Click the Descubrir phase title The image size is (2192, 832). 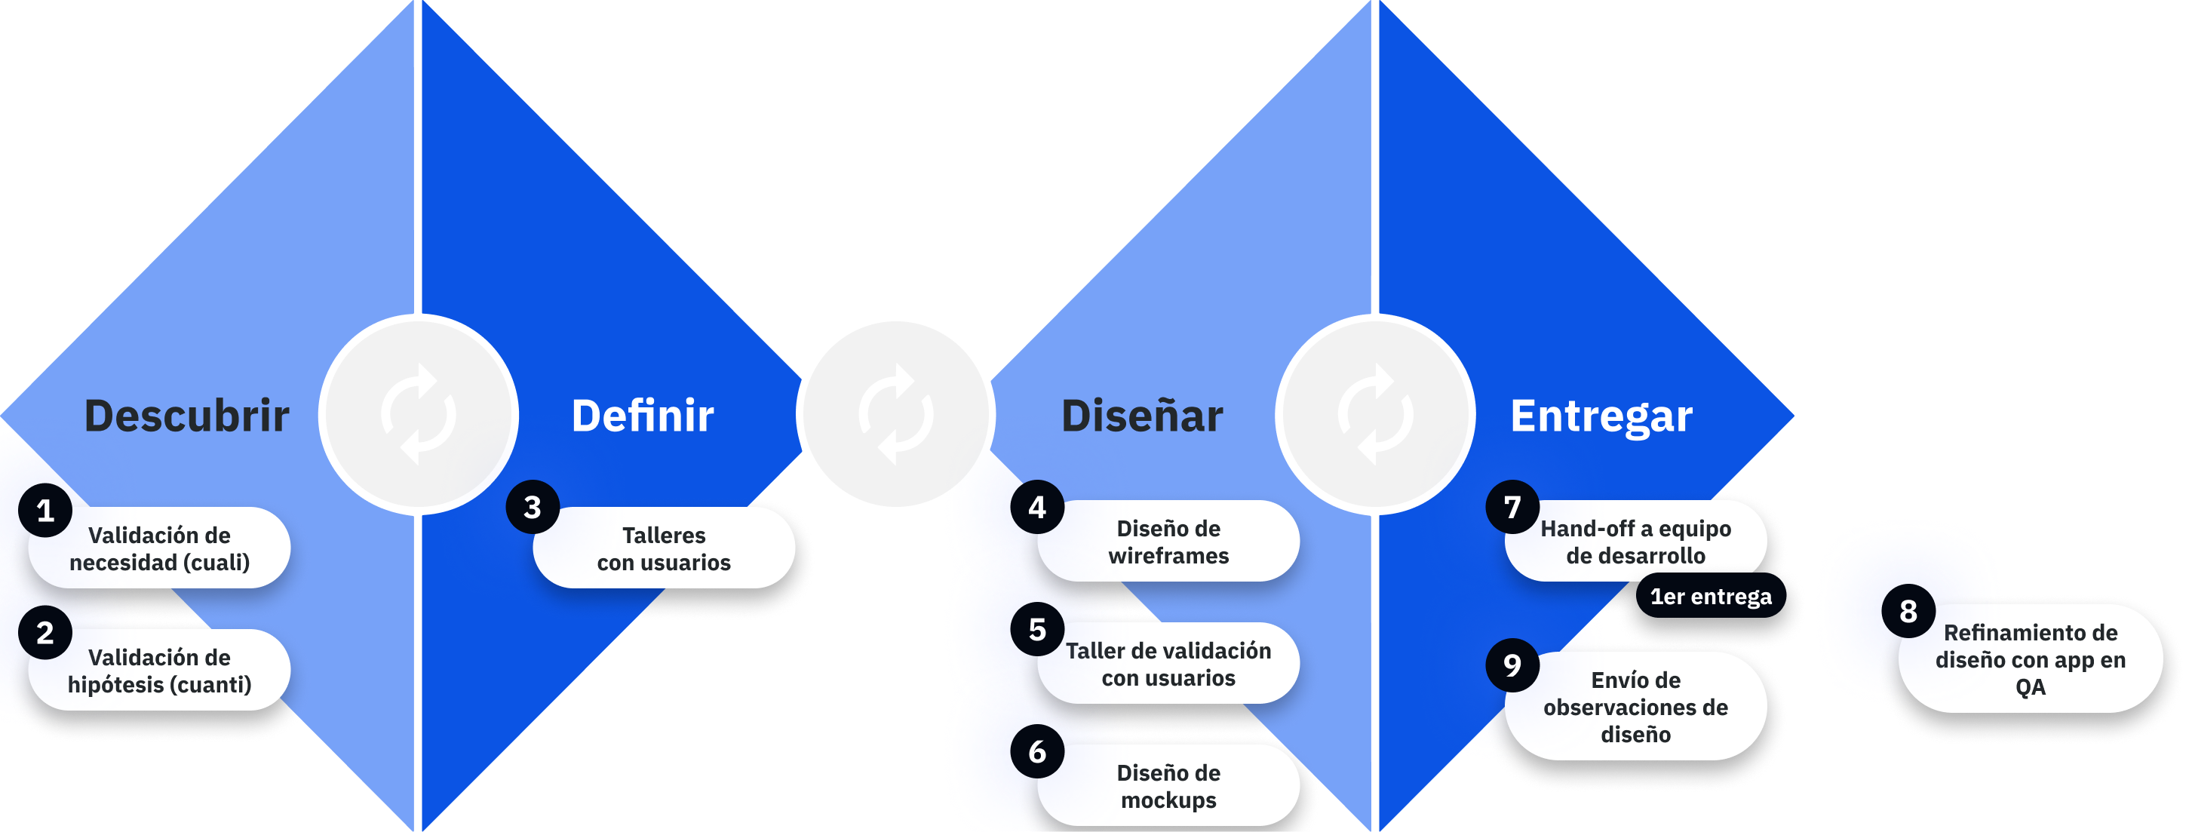click(x=186, y=416)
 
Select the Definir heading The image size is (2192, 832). click(x=643, y=416)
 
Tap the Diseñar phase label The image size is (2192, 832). click(x=1142, y=416)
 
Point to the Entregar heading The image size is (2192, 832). click(x=1601, y=416)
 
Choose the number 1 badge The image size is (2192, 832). click(x=45, y=511)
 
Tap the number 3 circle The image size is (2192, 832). click(x=533, y=508)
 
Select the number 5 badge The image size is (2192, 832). click(x=1037, y=630)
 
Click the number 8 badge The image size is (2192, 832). click(x=1908, y=611)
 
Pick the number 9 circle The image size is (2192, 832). click(x=1512, y=665)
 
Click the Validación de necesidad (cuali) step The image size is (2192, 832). click(x=160, y=548)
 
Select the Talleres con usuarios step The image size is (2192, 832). click(x=665, y=548)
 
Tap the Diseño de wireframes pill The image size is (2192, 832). click(x=1168, y=542)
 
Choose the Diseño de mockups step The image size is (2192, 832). click(x=1168, y=786)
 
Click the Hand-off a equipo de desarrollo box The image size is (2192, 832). click(x=1635, y=542)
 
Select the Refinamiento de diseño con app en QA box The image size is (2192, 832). click(x=2031, y=659)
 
